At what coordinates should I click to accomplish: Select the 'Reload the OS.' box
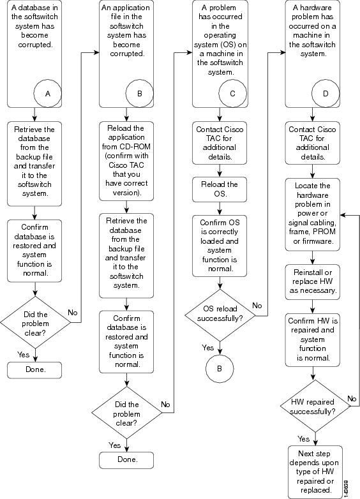(220, 190)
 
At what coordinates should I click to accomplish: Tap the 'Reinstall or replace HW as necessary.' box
(313, 281)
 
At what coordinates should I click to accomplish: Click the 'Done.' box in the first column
(34, 370)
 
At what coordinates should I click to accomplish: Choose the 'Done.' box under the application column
(126, 460)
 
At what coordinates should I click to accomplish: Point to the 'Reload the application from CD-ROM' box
(126, 161)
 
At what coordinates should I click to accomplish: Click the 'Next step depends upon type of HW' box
(315, 472)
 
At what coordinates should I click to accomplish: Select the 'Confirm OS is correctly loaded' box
(220, 246)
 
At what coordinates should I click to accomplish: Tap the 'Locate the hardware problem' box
(313, 214)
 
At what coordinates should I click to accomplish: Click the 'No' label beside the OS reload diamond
(257, 306)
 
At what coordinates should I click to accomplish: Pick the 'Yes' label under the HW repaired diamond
(303, 439)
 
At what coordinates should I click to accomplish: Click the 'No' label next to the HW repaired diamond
(352, 398)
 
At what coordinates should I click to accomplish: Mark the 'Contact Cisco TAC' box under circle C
(220, 143)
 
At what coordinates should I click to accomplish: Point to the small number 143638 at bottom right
(346, 489)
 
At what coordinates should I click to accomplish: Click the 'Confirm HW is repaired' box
(313, 339)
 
